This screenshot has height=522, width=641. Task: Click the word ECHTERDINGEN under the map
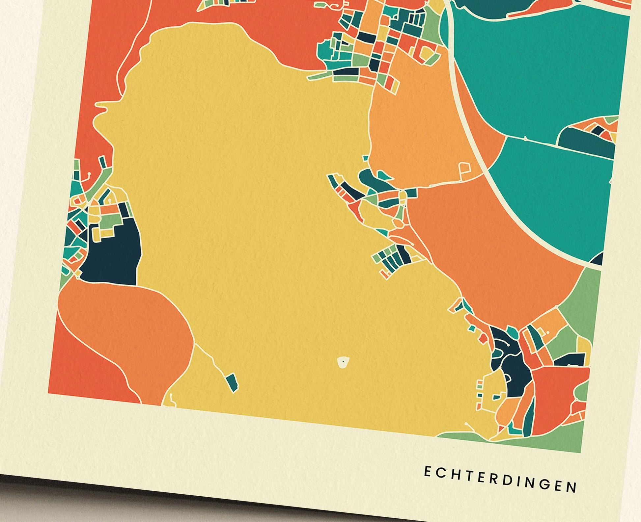coord(500,479)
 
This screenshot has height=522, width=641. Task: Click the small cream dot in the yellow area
coord(343,362)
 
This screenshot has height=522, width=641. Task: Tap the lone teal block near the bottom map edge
coord(232,382)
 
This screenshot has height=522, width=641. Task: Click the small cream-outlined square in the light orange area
coord(465,169)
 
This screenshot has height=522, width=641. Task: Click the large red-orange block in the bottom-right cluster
coord(557,395)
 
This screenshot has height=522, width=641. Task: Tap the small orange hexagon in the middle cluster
coord(399,224)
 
